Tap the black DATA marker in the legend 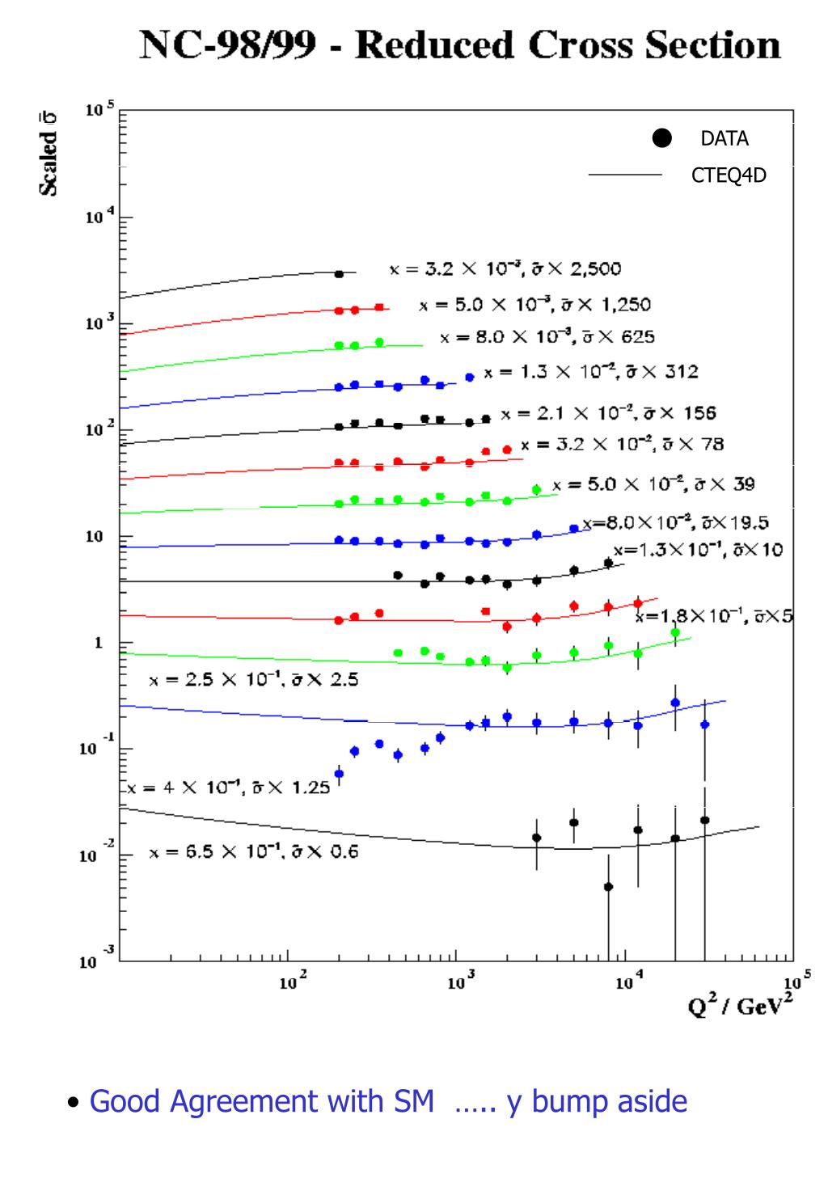coord(662,138)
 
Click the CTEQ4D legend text coord(729,175)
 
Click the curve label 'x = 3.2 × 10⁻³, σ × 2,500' coord(505,269)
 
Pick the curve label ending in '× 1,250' coord(534,306)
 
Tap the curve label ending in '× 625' coord(547,337)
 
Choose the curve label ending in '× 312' coord(591,373)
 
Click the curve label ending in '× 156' coord(608,414)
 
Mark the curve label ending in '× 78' coord(622,444)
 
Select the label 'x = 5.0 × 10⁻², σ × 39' coord(653,484)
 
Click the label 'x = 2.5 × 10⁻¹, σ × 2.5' coord(253,680)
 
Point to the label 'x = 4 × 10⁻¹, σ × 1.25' coord(228,787)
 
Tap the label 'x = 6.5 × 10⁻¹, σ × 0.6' coord(253,852)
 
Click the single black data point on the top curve coord(339,274)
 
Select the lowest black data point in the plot coord(608,887)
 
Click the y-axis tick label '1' coord(99,644)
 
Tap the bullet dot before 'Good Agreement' coord(74,1103)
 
